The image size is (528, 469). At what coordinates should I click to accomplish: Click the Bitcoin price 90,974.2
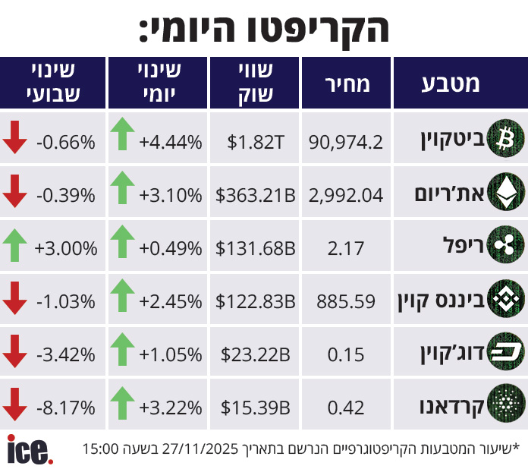(346, 140)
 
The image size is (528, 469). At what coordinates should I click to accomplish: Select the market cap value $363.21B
(256, 195)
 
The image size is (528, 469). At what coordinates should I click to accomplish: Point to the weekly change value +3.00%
(67, 248)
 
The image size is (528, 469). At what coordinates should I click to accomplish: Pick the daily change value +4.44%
(171, 140)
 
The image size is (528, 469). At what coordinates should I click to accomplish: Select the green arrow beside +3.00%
(14, 244)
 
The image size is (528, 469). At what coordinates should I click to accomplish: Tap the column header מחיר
(347, 83)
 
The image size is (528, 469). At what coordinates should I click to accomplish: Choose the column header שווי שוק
(255, 83)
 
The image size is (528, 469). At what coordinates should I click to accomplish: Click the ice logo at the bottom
(30, 449)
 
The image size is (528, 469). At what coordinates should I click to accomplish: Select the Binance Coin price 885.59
(347, 301)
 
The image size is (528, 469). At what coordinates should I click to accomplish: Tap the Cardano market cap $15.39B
(256, 408)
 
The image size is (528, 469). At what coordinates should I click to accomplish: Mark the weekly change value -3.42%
(67, 354)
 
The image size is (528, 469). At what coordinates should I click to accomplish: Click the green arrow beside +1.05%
(121, 350)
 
